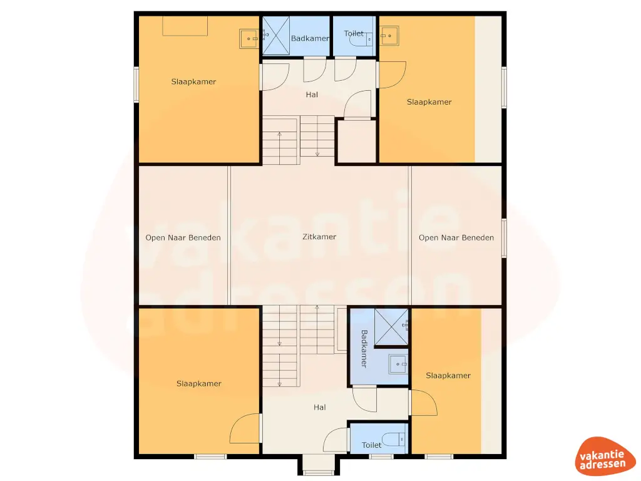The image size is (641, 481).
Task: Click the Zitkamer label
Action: coord(319,237)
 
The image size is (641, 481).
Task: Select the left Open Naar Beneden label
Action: coord(183,237)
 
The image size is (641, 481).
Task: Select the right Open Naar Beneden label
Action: coord(456,237)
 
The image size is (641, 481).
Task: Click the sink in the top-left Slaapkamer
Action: coord(249,39)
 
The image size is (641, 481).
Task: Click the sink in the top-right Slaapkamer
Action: coord(390,36)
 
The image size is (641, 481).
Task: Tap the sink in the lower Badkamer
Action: coord(398,363)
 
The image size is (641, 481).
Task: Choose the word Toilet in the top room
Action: coord(354,33)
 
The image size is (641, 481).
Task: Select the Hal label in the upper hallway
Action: coord(311,95)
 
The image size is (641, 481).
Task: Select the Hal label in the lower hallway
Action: coord(320,407)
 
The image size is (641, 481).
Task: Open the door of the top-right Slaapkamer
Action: coord(392,75)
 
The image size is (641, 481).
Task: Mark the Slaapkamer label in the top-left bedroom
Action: coord(193,81)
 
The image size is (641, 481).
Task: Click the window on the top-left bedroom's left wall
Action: coord(136,84)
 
